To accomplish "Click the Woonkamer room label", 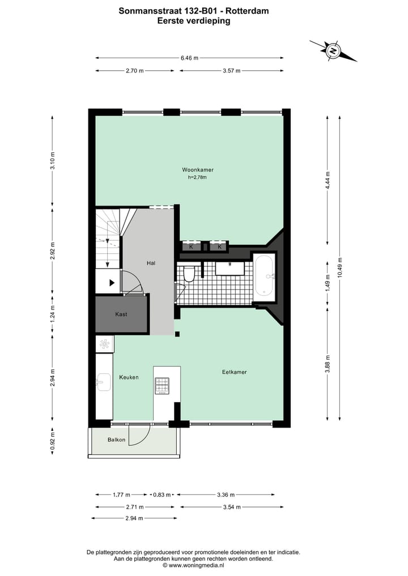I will point(197,169).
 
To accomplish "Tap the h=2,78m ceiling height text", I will point(197,177).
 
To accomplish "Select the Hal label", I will point(151,263).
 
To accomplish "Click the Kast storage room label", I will point(121,314).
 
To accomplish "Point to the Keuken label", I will point(129,377).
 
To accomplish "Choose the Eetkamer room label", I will point(234,372).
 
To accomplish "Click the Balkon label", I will point(116,440).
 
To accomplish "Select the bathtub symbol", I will point(265,276).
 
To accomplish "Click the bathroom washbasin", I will point(230,267).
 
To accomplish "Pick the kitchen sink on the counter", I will point(104,382).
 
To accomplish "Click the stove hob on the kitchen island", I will point(162,385).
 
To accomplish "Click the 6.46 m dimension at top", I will point(189,58).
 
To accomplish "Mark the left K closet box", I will point(191,246).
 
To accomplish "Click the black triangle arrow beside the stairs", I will point(112,282).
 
